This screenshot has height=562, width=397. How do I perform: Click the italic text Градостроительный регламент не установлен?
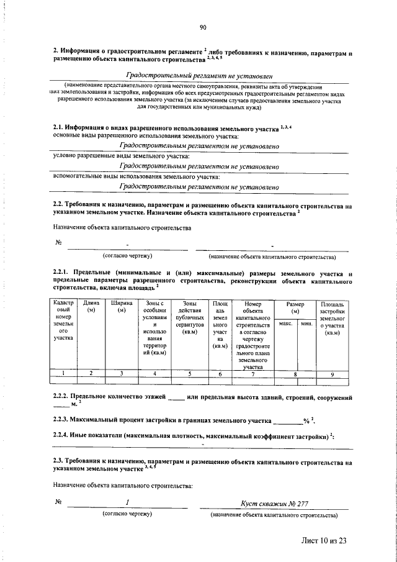pyautogui.click(x=199, y=75)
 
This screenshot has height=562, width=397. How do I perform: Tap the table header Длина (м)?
pyautogui.click(x=91, y=306)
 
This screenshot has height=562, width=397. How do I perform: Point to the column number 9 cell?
pyautogui.click(x=332, y=373)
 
